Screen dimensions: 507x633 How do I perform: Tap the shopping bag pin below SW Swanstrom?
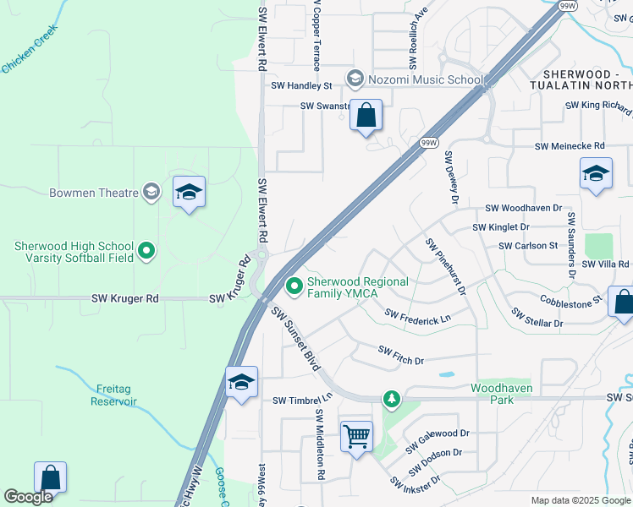pyautogui.click(x=366, y=115)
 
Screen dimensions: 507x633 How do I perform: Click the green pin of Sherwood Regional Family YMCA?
pyautogui.click(x=294, y=287)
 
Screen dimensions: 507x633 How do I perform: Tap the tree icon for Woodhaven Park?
pyautogui.click(x=391, y=397)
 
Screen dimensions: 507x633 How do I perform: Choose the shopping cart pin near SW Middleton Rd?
pyautogui.click(x=356, y=437)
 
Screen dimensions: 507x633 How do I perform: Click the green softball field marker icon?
pyautogui.click(x=146, y=251)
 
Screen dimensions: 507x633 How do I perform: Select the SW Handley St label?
pyautogui.click(x=301, y=86)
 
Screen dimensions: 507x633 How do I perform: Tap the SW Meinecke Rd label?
pyautogui.click(x=570, y=146)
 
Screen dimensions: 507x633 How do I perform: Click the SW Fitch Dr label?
pyautogui.click(x=400, y=355)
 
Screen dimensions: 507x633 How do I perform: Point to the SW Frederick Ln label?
pyautogui.click(x=418, y=314)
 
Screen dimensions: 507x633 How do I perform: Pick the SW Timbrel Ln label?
pyautogui.click(x=301, y=400)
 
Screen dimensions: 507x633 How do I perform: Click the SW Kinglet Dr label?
pyautogui.click(x=500, y=227)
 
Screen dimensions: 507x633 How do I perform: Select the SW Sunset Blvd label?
pyautogui.click(x=295, y=338)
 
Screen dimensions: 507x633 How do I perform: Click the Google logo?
pyautogui.click(x=29, y=497)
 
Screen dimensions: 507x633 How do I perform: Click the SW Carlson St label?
pyautogui.click(x=528, y=245)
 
